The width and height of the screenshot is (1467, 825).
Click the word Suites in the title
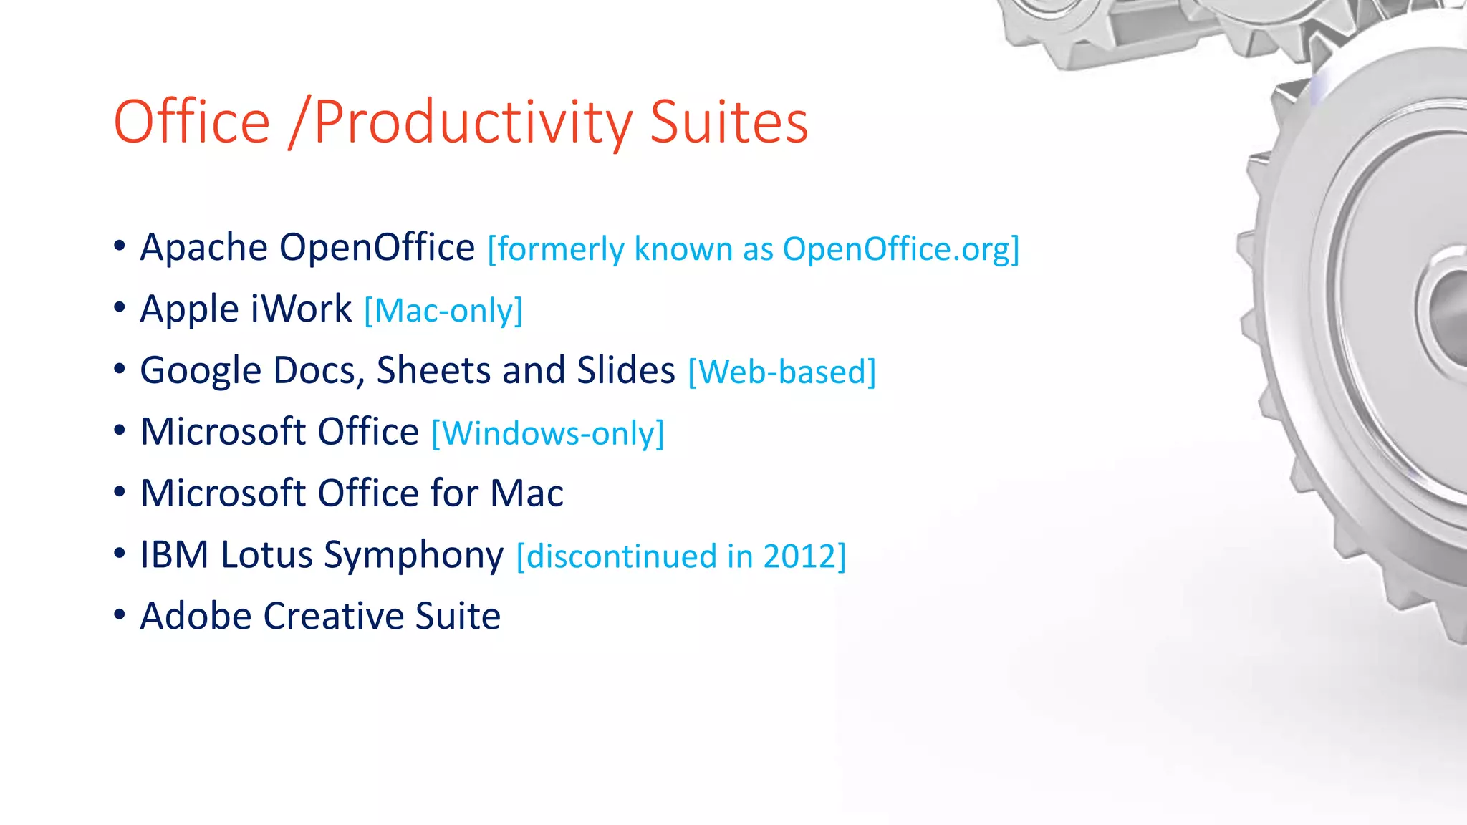(x=728, y=122)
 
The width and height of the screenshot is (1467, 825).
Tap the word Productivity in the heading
(x=473, y=123)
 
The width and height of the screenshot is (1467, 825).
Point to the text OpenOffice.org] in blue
(x=900, y=250)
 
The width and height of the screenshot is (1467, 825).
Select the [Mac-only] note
(x=443, y=312)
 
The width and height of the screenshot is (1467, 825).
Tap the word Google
(x=201, y=372)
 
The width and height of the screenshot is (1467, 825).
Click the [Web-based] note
(x=781, y=372)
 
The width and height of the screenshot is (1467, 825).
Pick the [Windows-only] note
(x=548, y=434)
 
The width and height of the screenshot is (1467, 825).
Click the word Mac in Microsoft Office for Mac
(x=526, y=493)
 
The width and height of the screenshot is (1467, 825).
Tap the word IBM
(x=174, y=555)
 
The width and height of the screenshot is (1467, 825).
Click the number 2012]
(x=804, y=557)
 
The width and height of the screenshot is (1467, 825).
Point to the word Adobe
(x=196, y=617)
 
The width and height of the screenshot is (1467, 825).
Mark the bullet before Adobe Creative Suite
(x=120, y=614)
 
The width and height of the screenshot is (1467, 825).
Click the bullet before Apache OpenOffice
(x=120, y=246)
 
